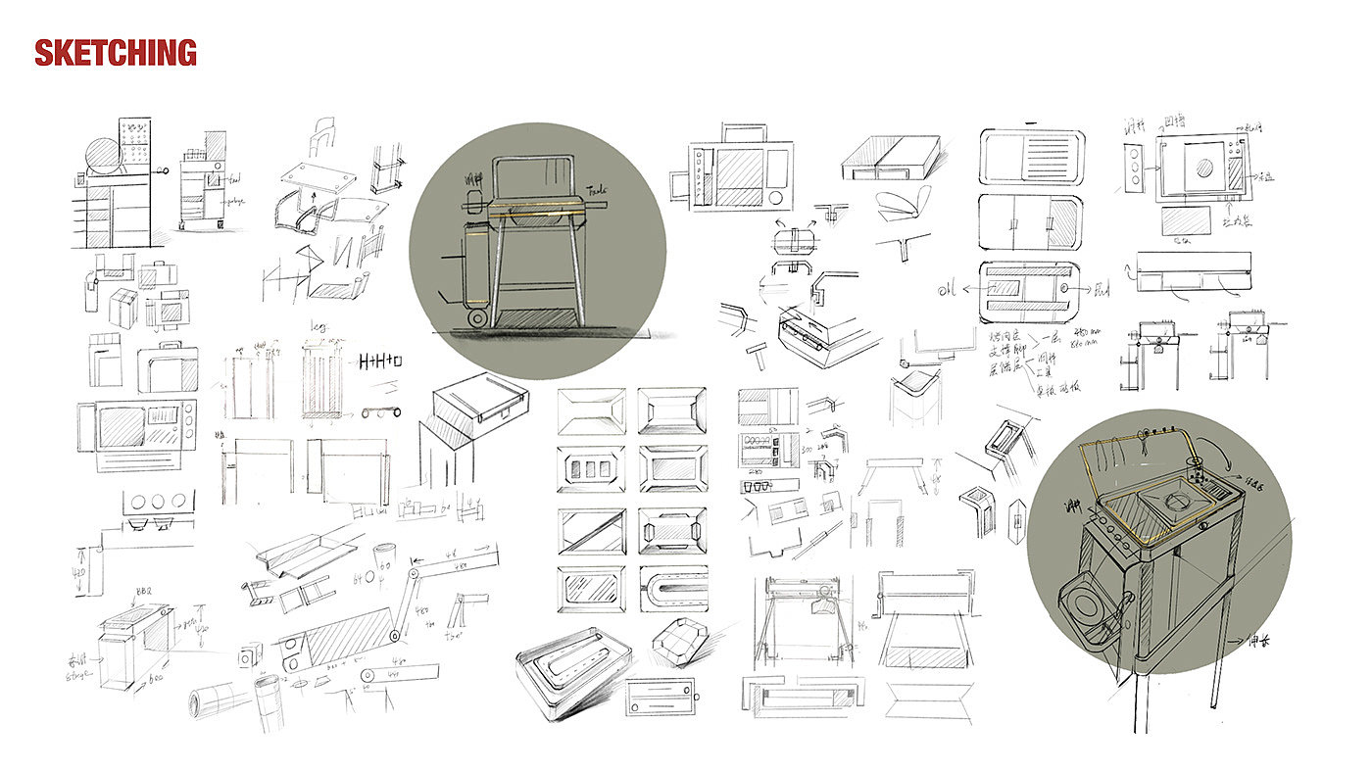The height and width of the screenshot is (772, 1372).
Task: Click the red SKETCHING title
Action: (116, 52)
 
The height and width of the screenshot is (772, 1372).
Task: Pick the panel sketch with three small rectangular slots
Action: (591, 468)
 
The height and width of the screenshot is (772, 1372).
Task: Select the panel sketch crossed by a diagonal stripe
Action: (591, 529)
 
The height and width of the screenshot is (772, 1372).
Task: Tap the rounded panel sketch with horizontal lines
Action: (1031, 156)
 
